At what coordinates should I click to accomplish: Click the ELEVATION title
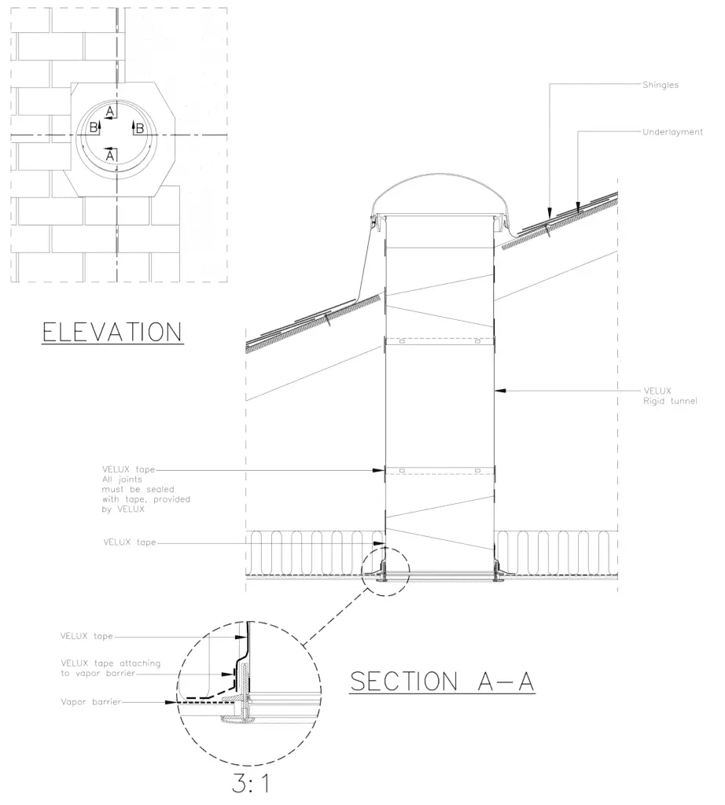pos(112,332)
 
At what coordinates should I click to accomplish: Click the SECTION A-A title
pos(442,682)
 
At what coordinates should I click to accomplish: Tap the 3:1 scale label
pos(251,784)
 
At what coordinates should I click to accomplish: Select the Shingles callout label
pos(661,85)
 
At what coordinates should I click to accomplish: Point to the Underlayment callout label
pos(672,132)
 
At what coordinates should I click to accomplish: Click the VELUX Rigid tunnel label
pos(670,396)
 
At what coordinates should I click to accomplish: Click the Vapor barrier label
pos(91,702)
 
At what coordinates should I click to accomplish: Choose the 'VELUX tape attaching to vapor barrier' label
pos(110,668)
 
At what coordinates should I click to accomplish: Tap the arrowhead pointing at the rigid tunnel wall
pos(500,391)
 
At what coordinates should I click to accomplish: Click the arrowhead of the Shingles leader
pos(550,212)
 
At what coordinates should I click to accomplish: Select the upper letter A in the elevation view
pos(110,111)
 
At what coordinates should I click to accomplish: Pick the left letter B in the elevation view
pos(94,127)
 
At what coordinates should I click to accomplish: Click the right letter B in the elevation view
pos(139,128)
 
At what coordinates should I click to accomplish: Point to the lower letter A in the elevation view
pos(109,155)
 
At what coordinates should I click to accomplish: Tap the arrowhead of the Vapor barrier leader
pos(171,702)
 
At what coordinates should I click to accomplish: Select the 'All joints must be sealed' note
pos(145,494)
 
